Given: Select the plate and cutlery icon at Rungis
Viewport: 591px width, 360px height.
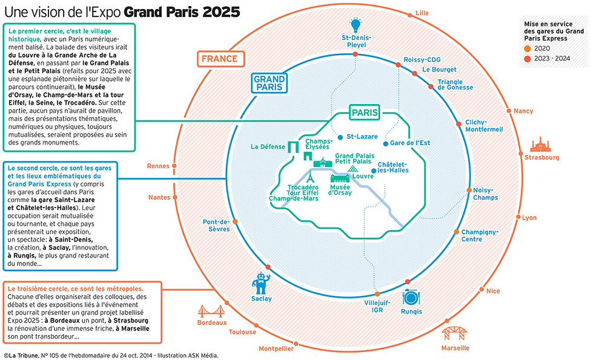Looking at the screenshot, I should (x=411, y=297).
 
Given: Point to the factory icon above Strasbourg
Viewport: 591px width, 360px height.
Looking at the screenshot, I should (x=541, y=144).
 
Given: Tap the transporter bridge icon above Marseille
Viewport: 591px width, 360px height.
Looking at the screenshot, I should (x=455, y=333).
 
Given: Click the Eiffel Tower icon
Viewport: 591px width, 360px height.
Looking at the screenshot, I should (x=310, y=177).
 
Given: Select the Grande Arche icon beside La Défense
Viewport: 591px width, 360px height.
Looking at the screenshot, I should (x=294, y=147).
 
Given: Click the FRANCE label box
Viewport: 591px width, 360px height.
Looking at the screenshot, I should (x=219, y=59).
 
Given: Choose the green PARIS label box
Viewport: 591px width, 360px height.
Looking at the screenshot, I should (x=365, y=113).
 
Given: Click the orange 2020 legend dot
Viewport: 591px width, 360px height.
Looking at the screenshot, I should (x=527, y=48).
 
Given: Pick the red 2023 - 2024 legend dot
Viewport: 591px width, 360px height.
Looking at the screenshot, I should (x=527, y=58).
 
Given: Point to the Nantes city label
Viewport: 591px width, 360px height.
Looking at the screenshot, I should (x=159, y=197).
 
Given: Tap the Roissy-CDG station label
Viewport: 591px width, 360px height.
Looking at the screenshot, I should (x=423, y=60).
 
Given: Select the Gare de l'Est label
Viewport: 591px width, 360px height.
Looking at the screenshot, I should (x=410, y=143).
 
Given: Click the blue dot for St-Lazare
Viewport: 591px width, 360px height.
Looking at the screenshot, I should (x=340, y=137).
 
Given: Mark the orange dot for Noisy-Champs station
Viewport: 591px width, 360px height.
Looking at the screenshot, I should (x=469, y=190).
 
